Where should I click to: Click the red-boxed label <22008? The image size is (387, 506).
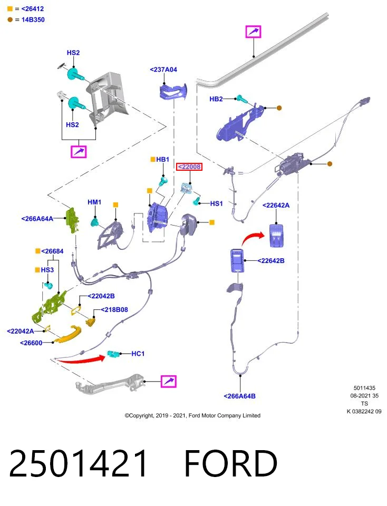tap(189, 167)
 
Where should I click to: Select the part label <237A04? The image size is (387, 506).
tap(163, 70)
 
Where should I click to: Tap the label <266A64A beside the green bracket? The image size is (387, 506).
tap(37, 219)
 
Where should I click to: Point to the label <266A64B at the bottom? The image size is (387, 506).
tap(239, 396)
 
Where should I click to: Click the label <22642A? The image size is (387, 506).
tap(276, 205)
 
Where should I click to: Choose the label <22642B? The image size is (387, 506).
tap(271, 261)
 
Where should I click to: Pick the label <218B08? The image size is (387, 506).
tap(114, 310)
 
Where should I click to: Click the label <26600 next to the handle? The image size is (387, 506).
tap(31, 343)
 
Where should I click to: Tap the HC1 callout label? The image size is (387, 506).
tap(138, 354)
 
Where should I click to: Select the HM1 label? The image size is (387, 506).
tap(94, 202)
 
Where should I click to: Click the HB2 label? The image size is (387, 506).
tap(216, 99)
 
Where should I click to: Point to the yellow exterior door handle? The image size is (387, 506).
tap(68, 334)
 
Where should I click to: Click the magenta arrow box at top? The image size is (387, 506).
tap(254, 32)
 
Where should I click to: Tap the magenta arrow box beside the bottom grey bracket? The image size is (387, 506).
tap(169, 382)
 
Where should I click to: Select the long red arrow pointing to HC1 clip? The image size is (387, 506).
tap(81, 359)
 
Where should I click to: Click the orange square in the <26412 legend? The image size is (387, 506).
tap(10, 9)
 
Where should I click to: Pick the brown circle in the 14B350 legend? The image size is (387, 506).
tap(10, 20)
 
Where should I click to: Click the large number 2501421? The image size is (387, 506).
tap(78, 463)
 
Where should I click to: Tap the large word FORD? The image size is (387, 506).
tap(230, 463)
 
